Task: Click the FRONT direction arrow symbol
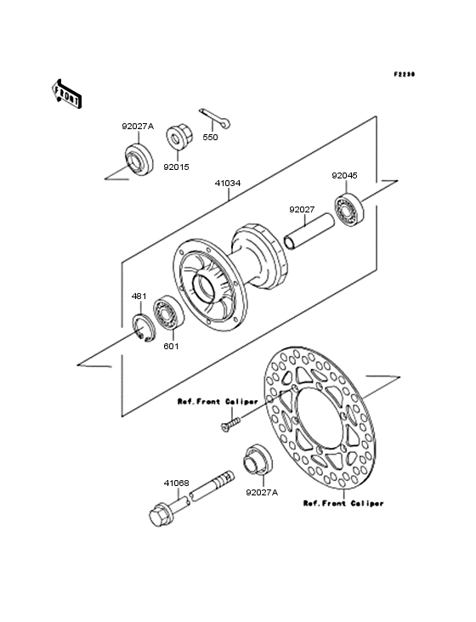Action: [x=66, y=93]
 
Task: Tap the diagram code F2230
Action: [x=405, y=74]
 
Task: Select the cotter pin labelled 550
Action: [x=214, y=118]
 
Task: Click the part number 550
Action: [x=210, y=138]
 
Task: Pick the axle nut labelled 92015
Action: [x=179, y=138]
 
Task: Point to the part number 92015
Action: [x=177, y=167]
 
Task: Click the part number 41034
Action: [x=228, y=184]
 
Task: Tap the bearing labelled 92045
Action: [x=348, y=209]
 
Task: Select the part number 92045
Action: [x=345, y=175]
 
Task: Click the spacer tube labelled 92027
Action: [x=309, y=232]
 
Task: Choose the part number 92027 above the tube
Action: [x=302, y=209]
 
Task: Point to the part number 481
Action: [x=139, y=297]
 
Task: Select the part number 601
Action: [x=171, y=347]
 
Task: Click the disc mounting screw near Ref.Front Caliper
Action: [x=230, y=423]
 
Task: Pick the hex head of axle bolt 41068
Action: [x=160, y=515]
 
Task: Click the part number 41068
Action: [x=177, y=483]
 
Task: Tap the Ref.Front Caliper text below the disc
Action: [x=343, y=503]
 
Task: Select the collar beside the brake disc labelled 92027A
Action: [x=258, y=460]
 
